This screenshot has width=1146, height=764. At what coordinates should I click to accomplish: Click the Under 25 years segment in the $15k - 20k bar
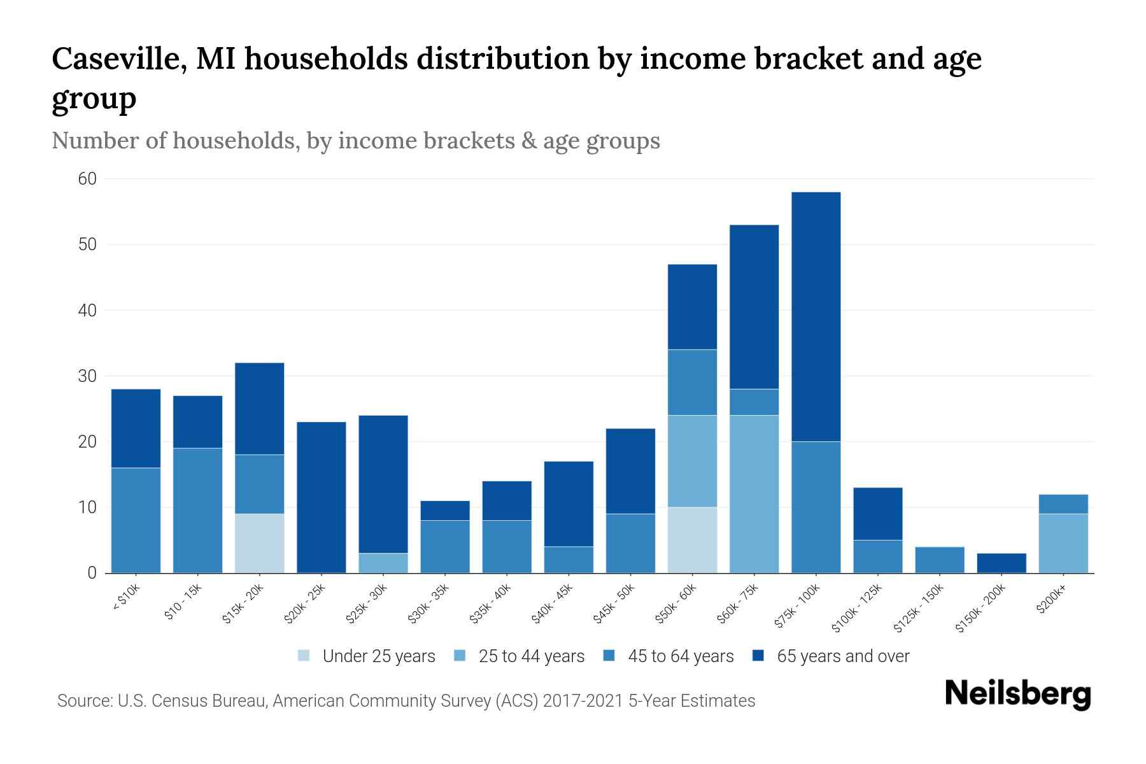click(260, 543)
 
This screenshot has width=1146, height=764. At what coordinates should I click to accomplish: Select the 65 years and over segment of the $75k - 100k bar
click(816, 316)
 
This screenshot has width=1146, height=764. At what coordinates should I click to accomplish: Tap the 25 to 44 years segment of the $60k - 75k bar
click(754, 494)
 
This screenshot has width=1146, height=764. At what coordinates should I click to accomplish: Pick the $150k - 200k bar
click(1001, 563)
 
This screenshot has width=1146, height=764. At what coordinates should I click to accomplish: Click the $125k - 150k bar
click(940, 560)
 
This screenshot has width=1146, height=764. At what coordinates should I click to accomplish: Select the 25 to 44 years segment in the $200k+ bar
click(1063, 543)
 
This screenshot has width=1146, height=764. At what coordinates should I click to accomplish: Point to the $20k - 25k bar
click(322, 497)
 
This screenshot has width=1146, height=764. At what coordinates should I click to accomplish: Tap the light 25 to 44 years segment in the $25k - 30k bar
click(383, 563)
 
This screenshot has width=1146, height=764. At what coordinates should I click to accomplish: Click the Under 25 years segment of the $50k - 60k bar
click(692, 540)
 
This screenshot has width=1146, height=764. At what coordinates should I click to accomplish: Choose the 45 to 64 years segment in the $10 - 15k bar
click(198, 511)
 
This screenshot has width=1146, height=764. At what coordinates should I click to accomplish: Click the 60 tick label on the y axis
click(87, 179)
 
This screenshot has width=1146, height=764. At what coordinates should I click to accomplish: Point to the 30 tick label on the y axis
click(87, 376)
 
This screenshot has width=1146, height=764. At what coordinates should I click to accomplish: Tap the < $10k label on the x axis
click(126, 598)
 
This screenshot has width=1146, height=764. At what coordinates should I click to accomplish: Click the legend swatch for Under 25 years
click(304, 656)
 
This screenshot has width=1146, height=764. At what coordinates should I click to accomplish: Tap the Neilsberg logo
click(1017, 694)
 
